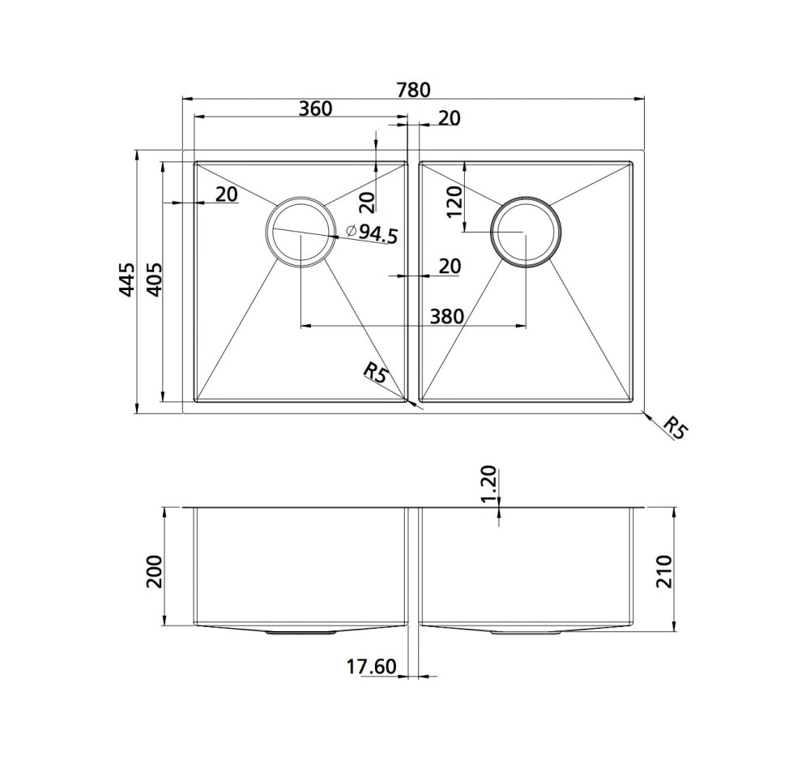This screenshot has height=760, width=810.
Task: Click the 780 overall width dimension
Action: tap(413, 89)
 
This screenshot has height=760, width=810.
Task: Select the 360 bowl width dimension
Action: tap(315, 108)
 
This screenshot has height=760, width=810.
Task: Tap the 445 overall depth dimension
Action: tap(126, 279)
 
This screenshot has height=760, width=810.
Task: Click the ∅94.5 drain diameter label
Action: tap(372, 233)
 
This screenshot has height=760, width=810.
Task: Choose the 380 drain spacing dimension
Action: tap(447, 316)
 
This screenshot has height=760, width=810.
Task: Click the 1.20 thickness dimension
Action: tap(488, 484)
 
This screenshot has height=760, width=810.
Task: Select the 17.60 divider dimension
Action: tap(371, 667)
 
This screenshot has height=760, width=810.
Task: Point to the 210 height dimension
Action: tap(664, 572)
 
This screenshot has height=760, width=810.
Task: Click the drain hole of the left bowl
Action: tap(299, 231)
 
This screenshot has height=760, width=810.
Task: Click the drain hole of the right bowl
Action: tap(525, 231)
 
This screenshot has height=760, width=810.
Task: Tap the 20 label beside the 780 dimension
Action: tap(449, 118)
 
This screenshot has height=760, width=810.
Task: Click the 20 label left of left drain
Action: tap(227, 194)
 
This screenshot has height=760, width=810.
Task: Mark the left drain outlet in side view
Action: tap(301, 630)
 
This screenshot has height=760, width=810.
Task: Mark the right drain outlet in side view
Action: tap(525, 630)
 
